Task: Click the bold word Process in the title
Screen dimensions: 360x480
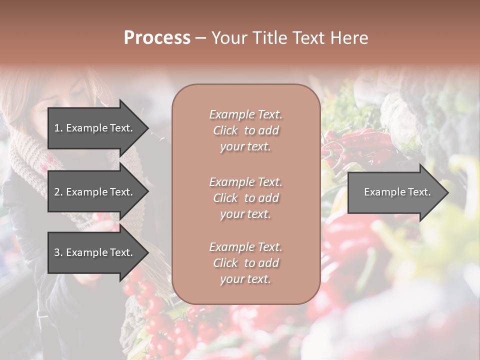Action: [x=157, y=38]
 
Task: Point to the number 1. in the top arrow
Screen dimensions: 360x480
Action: [x=58, y=128]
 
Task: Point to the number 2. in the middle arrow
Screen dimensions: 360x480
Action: [x=58, y=192]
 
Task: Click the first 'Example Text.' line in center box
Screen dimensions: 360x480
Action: [x=245, y=114]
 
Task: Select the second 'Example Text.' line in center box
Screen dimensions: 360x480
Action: [x=245, y=182]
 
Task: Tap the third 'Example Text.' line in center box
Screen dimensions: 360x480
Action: [x=245, y=247]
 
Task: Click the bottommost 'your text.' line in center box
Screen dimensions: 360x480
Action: [x=245, y=279]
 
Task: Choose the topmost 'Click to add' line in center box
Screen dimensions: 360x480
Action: [x=245, y=131]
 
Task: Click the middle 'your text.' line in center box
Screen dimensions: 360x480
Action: [x=245, y=214]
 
